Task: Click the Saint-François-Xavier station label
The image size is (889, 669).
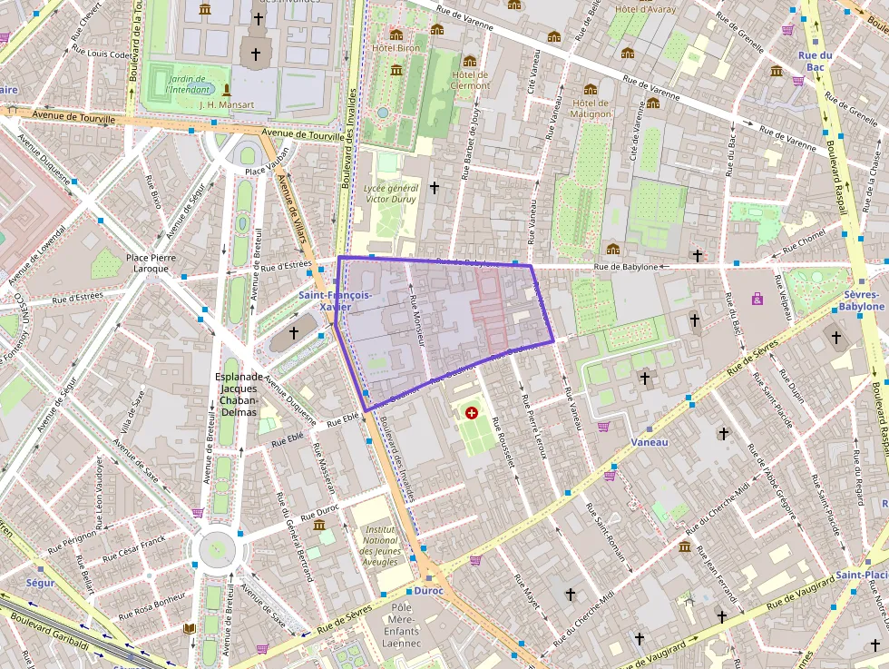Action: point(335,300)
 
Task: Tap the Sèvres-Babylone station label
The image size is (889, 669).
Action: point(863,300)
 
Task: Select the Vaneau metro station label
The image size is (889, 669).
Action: point(648,442)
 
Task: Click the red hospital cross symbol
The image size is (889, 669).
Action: point(470,413)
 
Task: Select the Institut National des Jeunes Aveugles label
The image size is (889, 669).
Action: point(380,545)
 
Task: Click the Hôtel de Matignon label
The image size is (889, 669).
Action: point(591,108)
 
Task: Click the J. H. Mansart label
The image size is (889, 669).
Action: point(225,103)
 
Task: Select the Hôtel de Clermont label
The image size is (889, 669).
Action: point(470,80)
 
